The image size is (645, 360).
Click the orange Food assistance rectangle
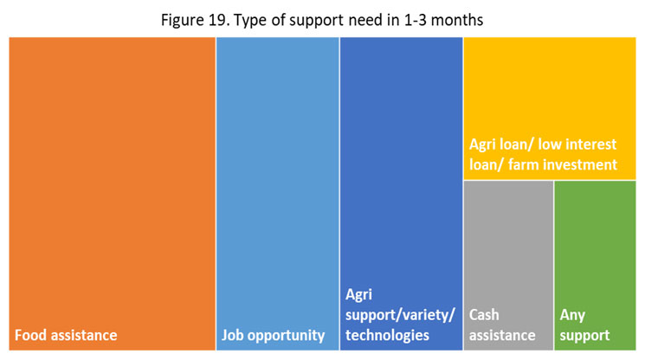[x=112, y=194]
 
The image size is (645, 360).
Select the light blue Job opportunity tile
[x=278, y=194]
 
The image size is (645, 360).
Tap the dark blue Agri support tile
[x=402, y=194]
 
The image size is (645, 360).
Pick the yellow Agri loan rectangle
[x=550, y=108]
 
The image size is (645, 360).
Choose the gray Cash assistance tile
[x=508, y=266]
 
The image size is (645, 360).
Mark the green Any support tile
[x=596, y=266]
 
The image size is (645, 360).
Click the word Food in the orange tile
[x=29, y=335]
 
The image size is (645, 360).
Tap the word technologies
[x=387, y=336]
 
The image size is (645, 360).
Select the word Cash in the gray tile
[x=484, y=315]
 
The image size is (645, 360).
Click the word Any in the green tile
[x=572, y=316]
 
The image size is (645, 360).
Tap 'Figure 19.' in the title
[x=196, y=20]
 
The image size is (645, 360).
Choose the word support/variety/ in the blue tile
[x=400, y=315]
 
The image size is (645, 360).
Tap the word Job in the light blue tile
[x=232, y=335]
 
